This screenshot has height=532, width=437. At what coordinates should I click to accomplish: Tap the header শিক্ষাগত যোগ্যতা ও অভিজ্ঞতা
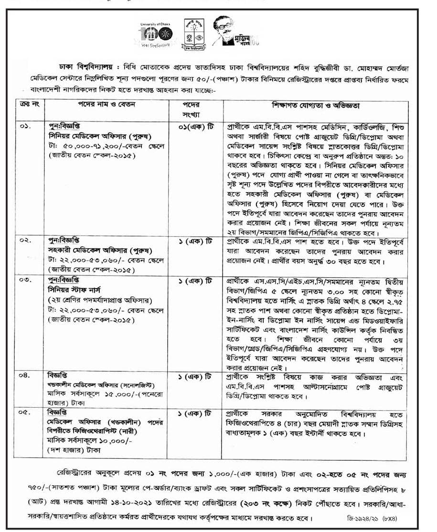(317, 105)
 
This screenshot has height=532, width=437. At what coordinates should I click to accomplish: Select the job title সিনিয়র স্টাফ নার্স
(75, 289)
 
